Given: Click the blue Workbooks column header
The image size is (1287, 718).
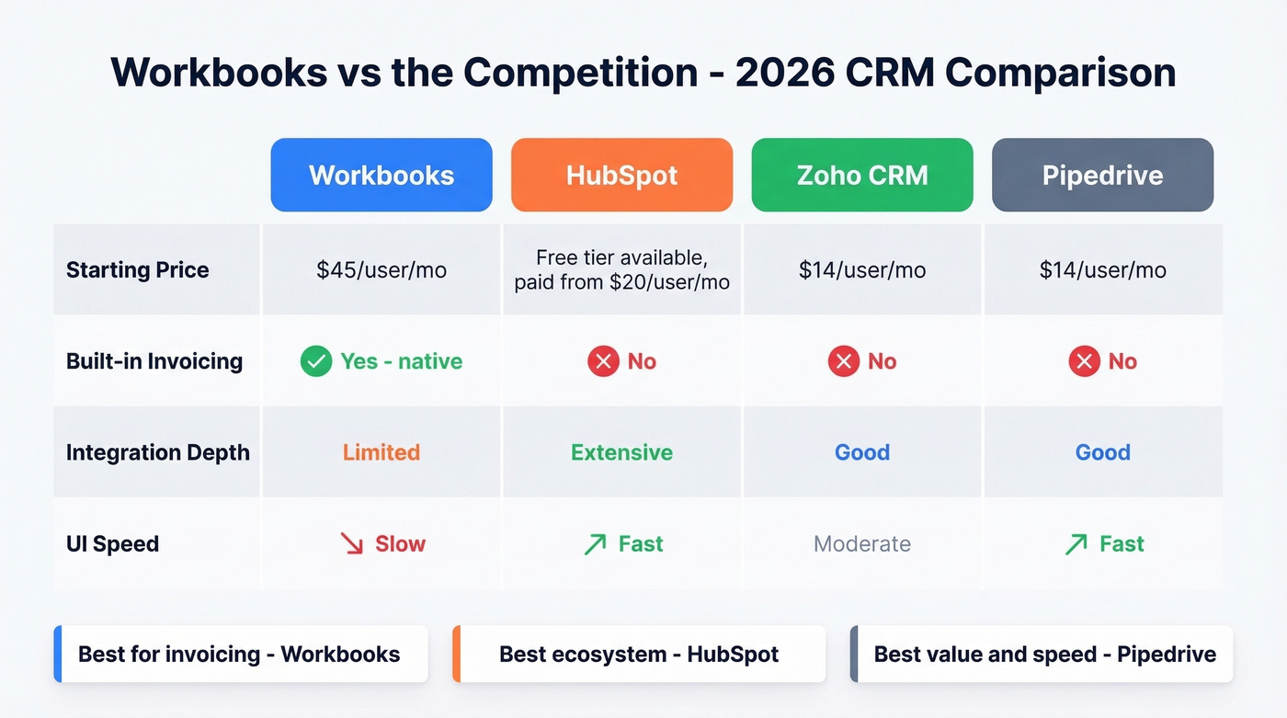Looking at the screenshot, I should (x=382, y=176).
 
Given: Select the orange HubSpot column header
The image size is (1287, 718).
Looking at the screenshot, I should (x=621, y=176).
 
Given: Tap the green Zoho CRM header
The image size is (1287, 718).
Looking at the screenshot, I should (x=862, y=176).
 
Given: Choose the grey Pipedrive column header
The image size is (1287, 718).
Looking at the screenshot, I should (x=1102, y=176).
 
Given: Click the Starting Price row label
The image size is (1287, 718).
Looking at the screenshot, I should (x=138, y=270).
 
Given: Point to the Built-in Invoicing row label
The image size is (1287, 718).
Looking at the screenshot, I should (x=154, y=361).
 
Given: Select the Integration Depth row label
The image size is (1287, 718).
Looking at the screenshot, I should (x=158, y=452).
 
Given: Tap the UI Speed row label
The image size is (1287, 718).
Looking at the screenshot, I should (x=113, y=544).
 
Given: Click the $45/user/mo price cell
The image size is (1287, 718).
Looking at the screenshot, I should (x=382, y=270).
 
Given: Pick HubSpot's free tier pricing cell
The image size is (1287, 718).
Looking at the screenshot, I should (x=621, y=270).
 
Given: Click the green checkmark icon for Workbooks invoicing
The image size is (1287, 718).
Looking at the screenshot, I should (x=316, y=361).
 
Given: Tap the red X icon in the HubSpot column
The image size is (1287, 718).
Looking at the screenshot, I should (x=603, y=361).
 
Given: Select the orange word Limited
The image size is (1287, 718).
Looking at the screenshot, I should (x=382, y=452).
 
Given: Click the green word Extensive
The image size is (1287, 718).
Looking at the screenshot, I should (x=621, y=452).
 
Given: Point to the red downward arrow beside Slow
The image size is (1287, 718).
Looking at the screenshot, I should (x=352, y=544).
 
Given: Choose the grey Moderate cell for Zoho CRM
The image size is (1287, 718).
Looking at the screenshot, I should (x=862, y=544).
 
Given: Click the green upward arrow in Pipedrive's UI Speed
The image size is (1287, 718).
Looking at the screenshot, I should (x=1076, y=544).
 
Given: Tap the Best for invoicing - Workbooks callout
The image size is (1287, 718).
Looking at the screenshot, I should (x=241, y=655).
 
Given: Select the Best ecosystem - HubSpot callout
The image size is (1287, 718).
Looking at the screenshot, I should (x=639, y=655).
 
